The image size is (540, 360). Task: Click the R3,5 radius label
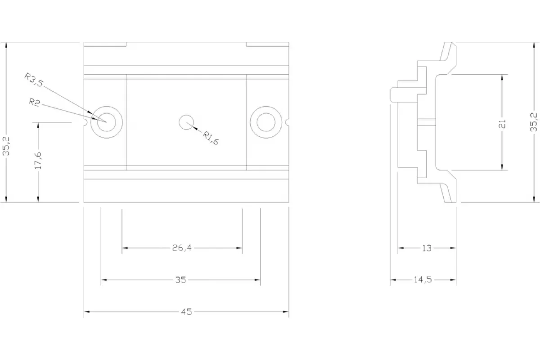coord(34,80)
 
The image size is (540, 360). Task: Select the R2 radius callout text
coord(35,103)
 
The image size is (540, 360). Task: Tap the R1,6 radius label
coord(211,138)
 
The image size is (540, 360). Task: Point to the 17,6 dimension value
coord(38,160)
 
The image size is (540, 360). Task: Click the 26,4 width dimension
coord(182,247)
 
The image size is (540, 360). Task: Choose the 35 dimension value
coord(180,280)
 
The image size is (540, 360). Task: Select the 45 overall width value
coord(186,312)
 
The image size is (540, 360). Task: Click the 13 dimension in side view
coord(427,248)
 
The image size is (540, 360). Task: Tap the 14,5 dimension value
coord(423,280)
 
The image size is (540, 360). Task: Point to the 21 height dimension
coord(502,124)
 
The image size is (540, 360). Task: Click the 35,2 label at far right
coord(534,122)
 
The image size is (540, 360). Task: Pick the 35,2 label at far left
coord(6,146)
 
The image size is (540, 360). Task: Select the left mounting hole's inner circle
coord(107,113)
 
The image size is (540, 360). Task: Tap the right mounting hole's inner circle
coord(266,113)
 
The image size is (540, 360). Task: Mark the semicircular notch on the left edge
coord(86,122)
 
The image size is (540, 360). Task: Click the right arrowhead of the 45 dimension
coord(286,312)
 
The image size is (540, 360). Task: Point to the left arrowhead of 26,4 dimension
coord(125,248)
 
